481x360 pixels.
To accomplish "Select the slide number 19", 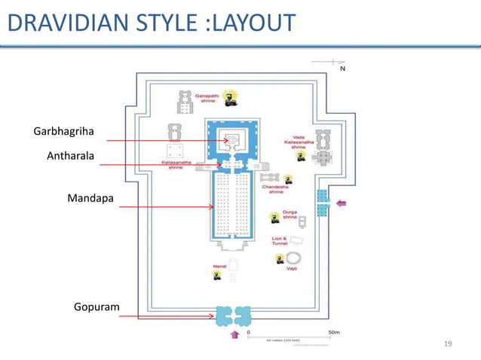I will tap(449, 344).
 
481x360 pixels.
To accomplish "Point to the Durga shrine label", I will tap(290, 215).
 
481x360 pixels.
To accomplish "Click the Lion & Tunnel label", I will tap(280, 242).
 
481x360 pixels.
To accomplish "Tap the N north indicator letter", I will tap(343, 69).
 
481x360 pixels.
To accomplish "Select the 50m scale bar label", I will tap(332, 331).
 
